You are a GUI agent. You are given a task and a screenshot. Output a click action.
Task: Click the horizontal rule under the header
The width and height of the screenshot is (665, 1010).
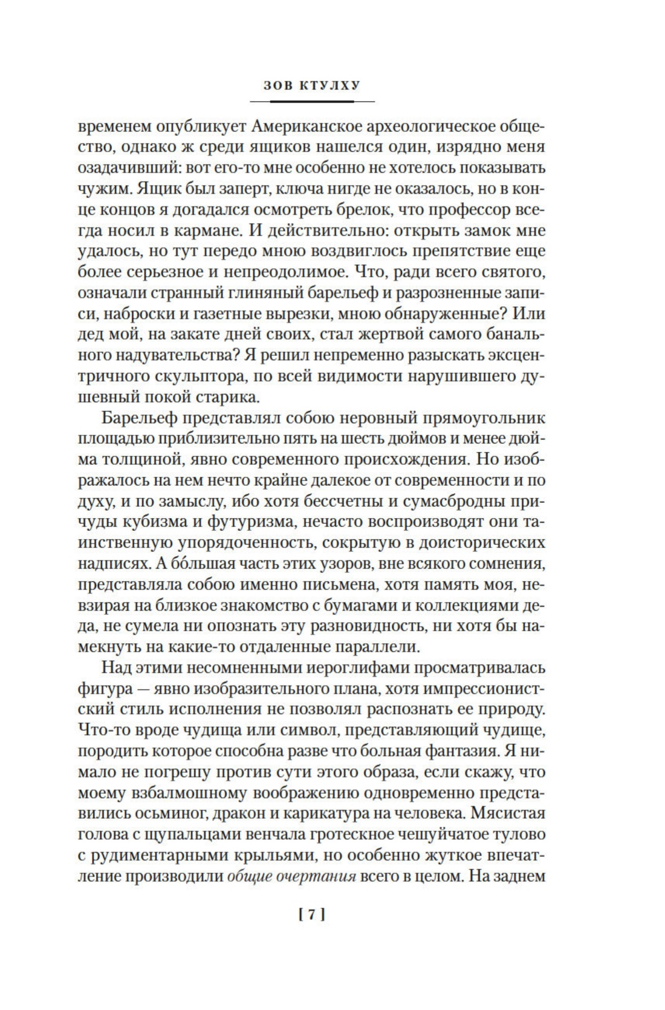point(312,101)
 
